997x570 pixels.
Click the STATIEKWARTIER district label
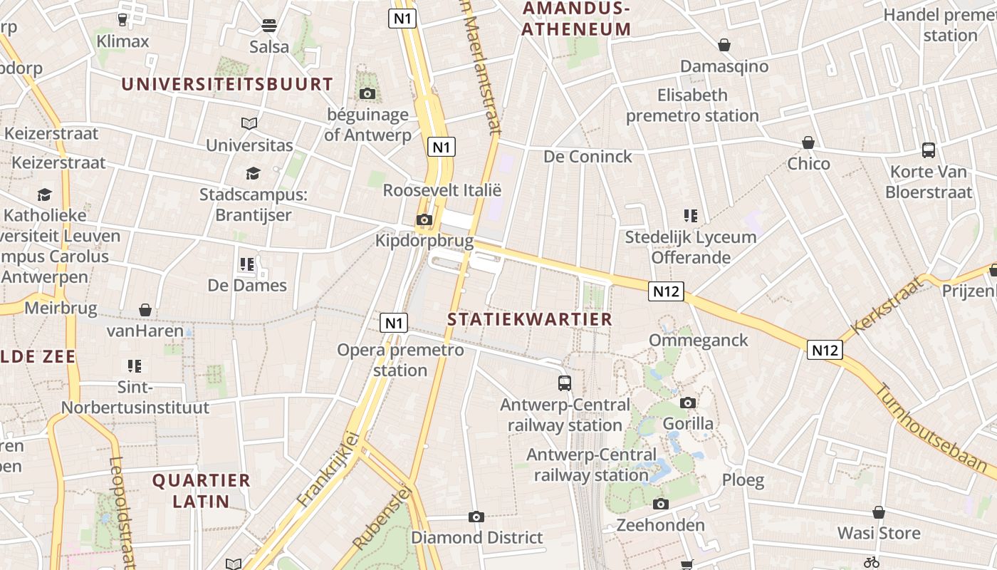point(530,319)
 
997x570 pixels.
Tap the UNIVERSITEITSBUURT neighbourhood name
point(227,84)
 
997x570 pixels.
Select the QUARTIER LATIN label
point(202,490)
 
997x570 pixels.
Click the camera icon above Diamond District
point(476,517)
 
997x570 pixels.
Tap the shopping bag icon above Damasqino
point(724,46)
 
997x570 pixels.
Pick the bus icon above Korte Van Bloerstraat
point(929,150)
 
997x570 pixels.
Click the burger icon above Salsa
point(269,26)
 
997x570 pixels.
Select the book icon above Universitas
point(249,124)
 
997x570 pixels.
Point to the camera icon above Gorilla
point(687,403)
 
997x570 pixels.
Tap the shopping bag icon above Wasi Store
point(879,512)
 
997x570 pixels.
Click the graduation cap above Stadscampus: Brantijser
point(252,173)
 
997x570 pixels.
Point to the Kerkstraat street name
point(887,306)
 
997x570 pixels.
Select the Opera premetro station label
point(400,360)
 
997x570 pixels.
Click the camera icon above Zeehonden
point(660,504)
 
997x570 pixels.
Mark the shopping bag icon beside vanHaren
point(145,310)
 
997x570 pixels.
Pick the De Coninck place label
point(588,156)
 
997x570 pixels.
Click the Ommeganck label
point(698,340)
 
